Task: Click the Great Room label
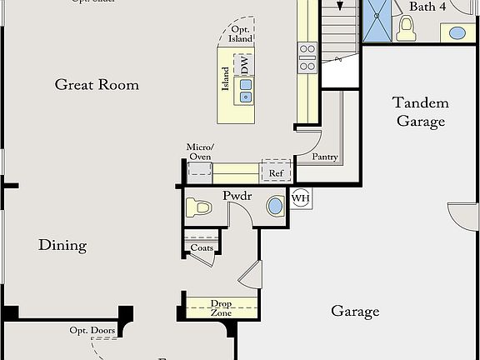(x=97, y=84)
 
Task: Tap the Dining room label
(x=62, y=245)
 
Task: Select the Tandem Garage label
(x=420, y=112)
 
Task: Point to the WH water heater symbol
(x=300, y=199)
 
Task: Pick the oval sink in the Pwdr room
(x=275, y=206)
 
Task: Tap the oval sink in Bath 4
(x=457, y=33)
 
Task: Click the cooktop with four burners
(x=307, y=57)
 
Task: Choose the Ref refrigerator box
(x=276, y=172)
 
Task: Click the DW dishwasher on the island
(x=245, y=63)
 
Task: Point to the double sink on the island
(x=246, y=90)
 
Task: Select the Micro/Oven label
(x=199, y=152)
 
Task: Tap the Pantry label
(x=324, y=157)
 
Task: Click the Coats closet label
(x=202, y=247)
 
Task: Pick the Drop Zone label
(x=221, y=307)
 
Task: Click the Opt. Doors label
(x=92, y=331)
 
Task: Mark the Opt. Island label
(x=241, y=33)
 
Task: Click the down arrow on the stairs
(x=340, y=5)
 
